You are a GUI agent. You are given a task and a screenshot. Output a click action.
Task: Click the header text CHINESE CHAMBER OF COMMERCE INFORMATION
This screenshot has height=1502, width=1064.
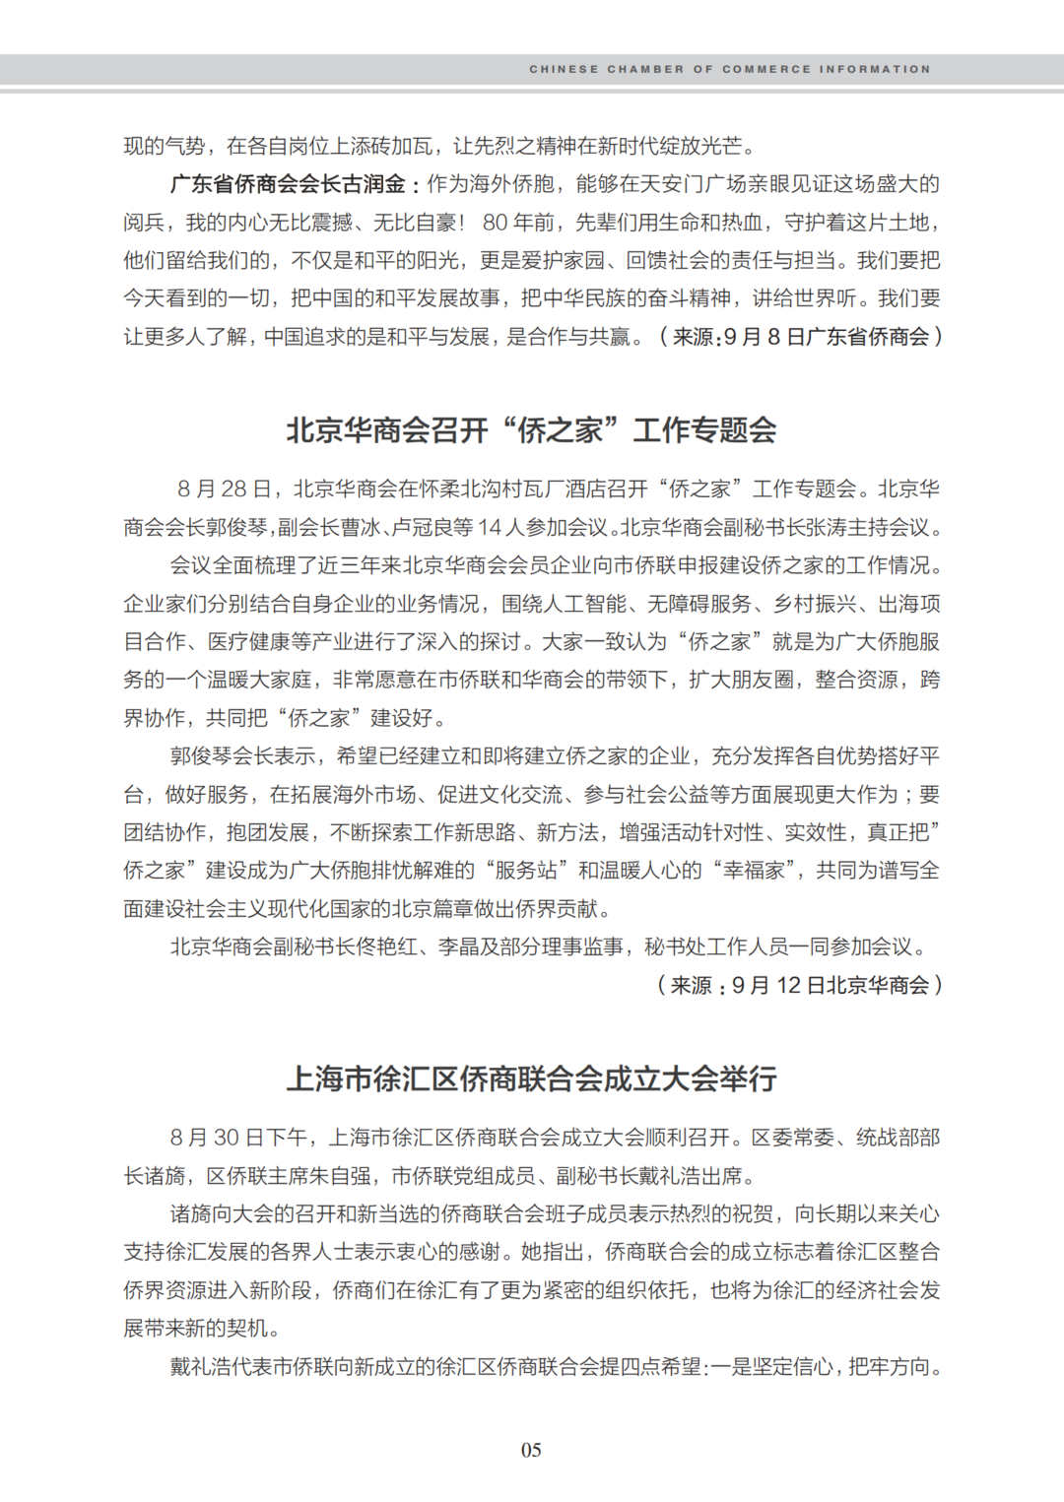click(729, 70)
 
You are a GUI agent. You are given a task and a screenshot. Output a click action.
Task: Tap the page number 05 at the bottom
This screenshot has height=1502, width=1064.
click(531, 1450)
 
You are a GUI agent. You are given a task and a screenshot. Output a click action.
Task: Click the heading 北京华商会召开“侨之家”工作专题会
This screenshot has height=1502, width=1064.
click(531, 430)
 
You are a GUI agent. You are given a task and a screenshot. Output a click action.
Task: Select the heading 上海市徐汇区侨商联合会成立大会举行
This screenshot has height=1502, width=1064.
click(531, 1078)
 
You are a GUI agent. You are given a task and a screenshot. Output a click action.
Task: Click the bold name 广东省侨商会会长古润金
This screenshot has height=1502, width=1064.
click(288, 184)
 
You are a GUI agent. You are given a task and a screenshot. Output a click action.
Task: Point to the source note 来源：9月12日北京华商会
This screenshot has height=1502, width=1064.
click(799, 985)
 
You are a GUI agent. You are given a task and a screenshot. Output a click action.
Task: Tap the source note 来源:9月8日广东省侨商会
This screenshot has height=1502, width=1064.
click(799, 337)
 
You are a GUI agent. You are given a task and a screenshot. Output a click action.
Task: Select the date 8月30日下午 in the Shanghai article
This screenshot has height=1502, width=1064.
click(241, 1138)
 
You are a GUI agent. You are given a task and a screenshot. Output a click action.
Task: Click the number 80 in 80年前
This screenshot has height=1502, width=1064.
click(495, 223)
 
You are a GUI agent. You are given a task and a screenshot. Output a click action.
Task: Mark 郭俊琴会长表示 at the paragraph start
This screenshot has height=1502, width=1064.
click(242, 756)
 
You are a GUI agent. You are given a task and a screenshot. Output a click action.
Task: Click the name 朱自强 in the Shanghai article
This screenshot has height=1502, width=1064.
click(341, 1176)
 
